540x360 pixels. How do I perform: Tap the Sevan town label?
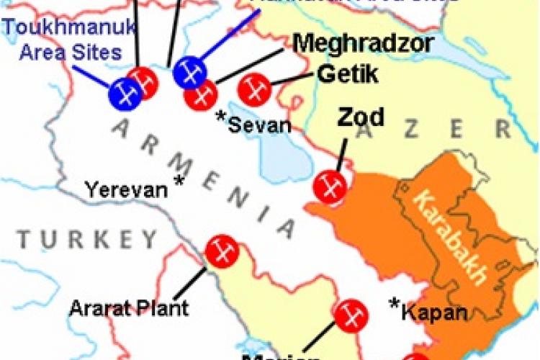[x=260, y=125]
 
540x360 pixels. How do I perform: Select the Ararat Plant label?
[x=129, y=308]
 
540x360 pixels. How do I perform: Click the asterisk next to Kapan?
[x=395, y=304]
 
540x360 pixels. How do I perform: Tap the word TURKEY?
[x=87, y=238]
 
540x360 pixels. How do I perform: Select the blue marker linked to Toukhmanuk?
[x=125, y=94]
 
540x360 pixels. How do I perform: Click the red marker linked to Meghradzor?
[x=200, y=94]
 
